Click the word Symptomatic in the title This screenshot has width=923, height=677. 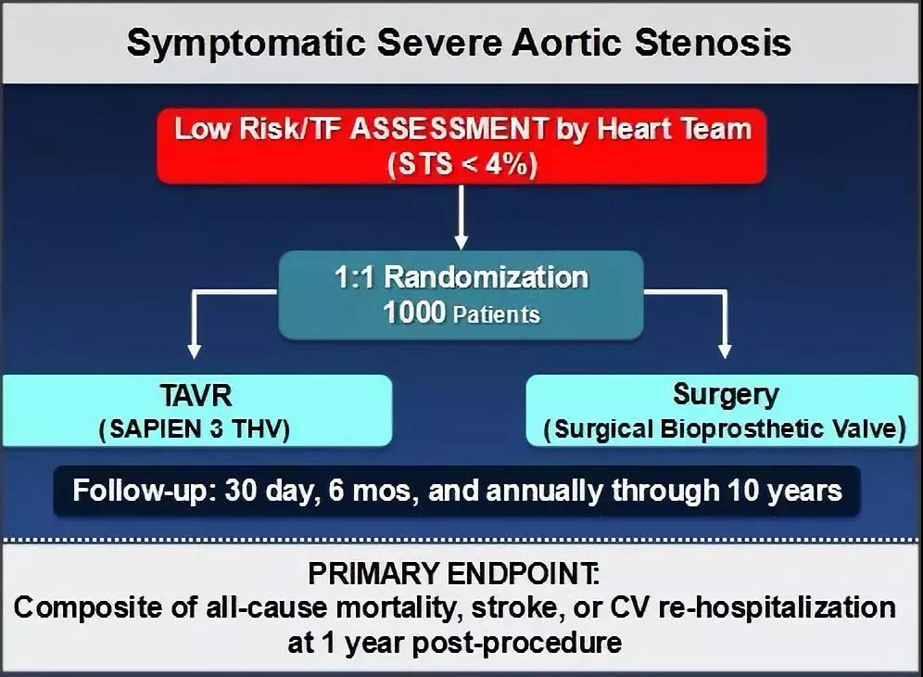tap(247, 44)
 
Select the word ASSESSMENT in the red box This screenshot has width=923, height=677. tap(449, 129)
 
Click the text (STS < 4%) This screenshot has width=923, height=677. tap(462, 164)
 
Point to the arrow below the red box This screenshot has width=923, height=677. tap(461, 217)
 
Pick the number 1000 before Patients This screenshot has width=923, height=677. tap(414, 312)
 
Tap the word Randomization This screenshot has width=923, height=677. tap(486, 277)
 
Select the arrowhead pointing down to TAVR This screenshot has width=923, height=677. tap(195, 351)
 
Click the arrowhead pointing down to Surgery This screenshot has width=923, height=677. tap(726, 351)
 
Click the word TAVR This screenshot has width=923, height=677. tap(196, 396)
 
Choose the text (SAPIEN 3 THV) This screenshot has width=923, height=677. tap(195, 429)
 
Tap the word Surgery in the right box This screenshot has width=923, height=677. tap(726, 395)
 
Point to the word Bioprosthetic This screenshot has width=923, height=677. tap(741, 428)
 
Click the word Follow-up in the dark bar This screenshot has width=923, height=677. tap(140, 491)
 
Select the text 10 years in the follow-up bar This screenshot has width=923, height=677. tap(784, 491)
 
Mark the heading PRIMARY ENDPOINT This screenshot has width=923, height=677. tap(454, 573)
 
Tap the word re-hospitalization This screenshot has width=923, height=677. tap(777, 608)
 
